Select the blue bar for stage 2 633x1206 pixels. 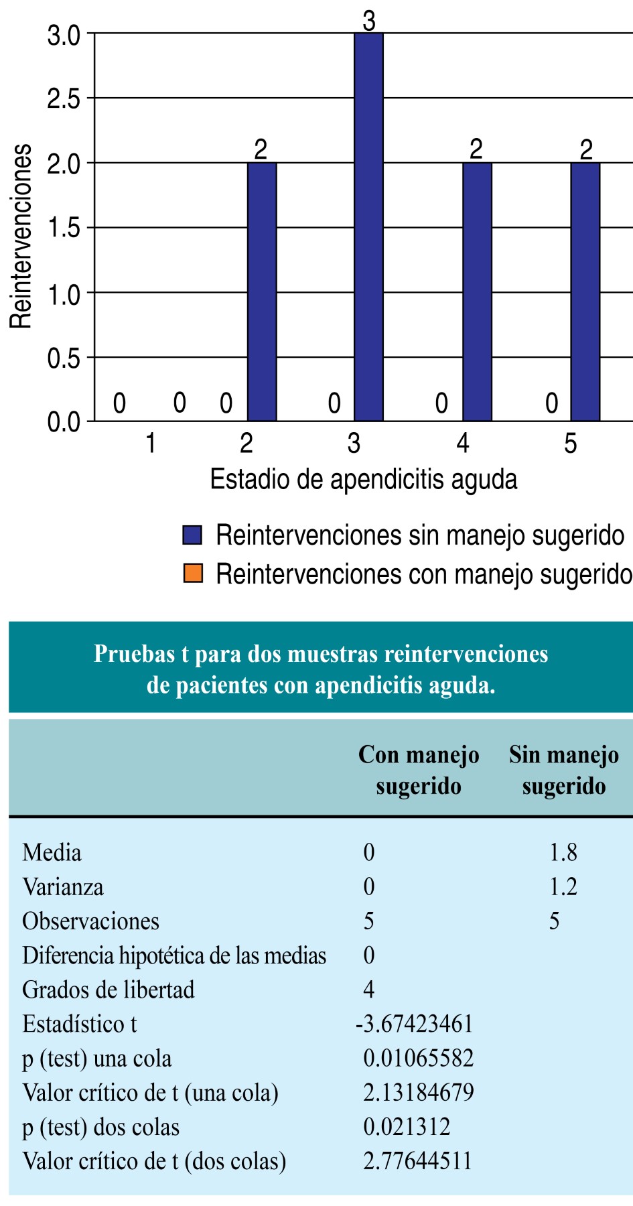262,292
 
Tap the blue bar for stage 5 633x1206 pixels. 585,292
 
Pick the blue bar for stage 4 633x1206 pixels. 477,292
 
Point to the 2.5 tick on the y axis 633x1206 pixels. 64,99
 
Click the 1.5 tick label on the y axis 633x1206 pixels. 64,228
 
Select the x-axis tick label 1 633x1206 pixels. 151,444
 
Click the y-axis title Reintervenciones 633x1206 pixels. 21,236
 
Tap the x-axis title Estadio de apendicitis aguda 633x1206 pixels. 363,480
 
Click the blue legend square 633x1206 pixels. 193,535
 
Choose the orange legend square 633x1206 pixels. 193,574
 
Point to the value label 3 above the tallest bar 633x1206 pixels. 369,21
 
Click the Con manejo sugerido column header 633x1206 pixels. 419,770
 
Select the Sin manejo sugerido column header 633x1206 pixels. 563,770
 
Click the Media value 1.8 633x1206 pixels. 563,852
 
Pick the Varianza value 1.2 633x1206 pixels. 563,887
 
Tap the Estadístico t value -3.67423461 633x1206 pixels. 415,1024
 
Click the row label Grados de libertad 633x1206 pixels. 109,990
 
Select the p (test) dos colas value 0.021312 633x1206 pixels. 407,1127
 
